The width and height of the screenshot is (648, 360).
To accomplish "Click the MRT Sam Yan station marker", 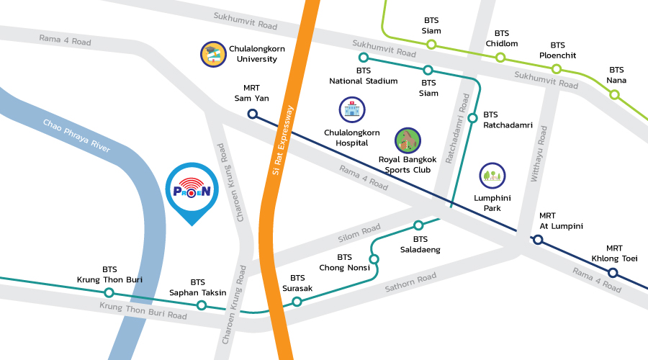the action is (x=252, y=114).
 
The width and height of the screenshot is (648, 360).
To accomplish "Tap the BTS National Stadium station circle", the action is (x=363, y=57).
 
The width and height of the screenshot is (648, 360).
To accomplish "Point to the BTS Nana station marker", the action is (x=614, y=94).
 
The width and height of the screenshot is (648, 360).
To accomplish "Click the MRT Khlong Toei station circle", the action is (x=612, y=272).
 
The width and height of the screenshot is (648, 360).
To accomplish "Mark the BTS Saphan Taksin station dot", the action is (x=201, y=305).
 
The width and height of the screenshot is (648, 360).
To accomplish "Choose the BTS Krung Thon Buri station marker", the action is (x=109, y=292).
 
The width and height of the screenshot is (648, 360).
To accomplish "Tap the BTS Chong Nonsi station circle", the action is (x=374, y=258).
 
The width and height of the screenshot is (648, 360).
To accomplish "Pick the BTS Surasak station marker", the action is (x=297, y=302).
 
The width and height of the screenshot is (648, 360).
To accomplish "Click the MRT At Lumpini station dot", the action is (x=538, y=240).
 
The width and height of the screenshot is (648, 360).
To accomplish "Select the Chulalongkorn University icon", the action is (x=213, y=55).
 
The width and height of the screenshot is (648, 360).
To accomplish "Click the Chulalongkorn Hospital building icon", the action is (x=352, y=110).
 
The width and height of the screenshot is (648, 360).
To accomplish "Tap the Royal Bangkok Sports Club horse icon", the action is (x=408, y=140).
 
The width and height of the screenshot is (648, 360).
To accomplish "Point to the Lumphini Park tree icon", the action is (x=492, y=175).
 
